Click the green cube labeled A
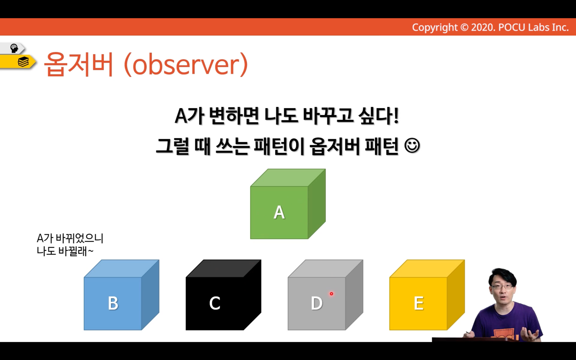click(x=288, y=204)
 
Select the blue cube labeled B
click(x=122, y=295)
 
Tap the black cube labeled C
click(x=223, y=295)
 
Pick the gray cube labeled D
click(x=325, y=295)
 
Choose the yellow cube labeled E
click(x=427, y=295)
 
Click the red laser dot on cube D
click(x=331, y=294)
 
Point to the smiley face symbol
click(x=412, y=146)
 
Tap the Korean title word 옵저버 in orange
click(x=78, y=64)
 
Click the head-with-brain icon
click(x=14, y=48)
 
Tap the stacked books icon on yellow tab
click(x=23, y=62)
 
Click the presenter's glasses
click(x=502, y=286)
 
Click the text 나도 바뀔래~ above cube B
click(x=65, y=251)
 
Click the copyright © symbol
click(x=464, y=27)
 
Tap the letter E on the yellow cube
click(x=419, y=303)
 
